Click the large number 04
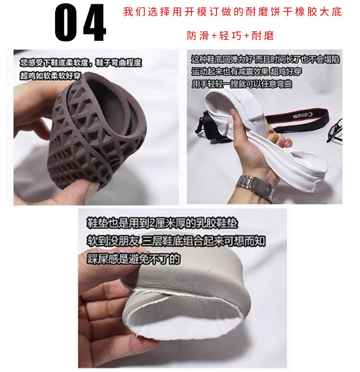[80, 23]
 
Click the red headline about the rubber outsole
[232, 12]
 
